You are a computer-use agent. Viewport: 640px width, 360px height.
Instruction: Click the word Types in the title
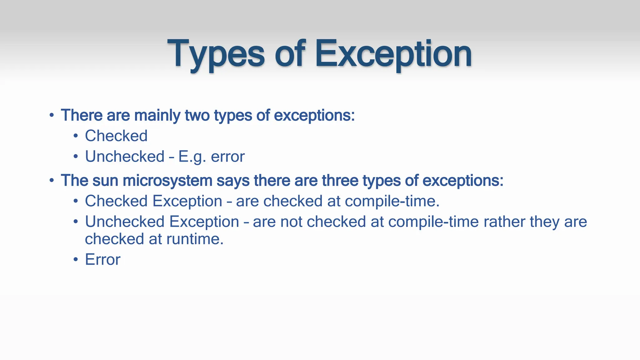tap(216, 54)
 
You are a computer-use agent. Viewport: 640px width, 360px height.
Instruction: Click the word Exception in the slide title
tap(393, 54)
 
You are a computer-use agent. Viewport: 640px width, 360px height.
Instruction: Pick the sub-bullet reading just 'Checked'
tap(116, 136)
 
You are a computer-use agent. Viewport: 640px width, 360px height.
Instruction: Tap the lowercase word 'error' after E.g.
tap(227, 157)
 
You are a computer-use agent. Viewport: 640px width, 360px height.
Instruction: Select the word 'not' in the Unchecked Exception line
tap(291, 222)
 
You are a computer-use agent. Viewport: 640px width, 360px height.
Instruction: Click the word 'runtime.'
tap(195, 239)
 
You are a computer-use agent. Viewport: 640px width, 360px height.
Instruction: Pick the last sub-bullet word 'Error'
tap(102, 260)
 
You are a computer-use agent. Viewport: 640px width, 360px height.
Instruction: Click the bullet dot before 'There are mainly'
tap(52, 115)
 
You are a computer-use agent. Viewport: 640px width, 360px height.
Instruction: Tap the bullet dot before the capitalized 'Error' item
tap(76, 260)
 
